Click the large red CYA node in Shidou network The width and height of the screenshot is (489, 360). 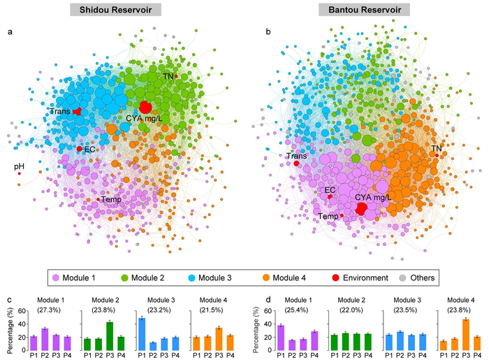(145, 107)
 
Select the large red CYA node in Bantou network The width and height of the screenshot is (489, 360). (362, 209)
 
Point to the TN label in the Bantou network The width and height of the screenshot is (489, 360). (436, 148)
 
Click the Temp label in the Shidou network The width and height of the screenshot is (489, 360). (110, 200)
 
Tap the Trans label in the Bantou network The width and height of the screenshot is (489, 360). (296, 156)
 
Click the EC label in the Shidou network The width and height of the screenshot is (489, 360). (89, 149)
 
